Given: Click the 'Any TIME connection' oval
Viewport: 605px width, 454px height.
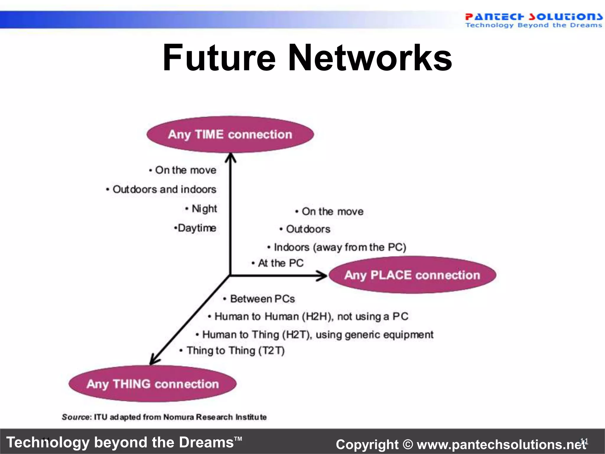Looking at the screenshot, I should point(230,134).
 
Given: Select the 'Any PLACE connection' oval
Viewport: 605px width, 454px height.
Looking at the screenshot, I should point(412,275).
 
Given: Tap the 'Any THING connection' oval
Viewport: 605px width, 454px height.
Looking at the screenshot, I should point(153,384).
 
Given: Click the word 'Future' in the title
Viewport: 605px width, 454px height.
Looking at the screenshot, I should point(219,58).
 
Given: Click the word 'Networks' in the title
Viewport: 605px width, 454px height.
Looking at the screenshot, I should point(370,58).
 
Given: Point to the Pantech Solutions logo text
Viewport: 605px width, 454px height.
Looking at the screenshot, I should point(533,17).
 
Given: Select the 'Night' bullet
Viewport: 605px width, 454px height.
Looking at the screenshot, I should point(204,209).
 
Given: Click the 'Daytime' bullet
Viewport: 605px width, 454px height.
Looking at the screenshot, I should point(196,228).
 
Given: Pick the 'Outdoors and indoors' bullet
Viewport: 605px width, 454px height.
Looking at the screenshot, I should point(164,189).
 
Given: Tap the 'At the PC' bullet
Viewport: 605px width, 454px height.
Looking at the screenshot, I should point(280,263).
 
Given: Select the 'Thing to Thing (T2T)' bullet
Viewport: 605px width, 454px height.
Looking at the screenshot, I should point(235,351).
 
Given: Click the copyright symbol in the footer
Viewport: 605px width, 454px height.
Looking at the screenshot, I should point(408,445).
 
